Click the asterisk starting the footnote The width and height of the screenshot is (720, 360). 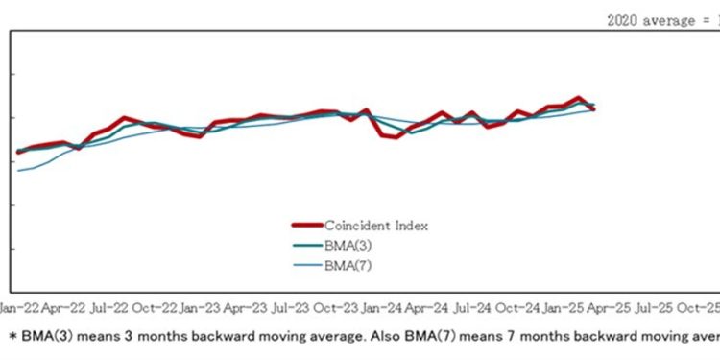tap(12, 336)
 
